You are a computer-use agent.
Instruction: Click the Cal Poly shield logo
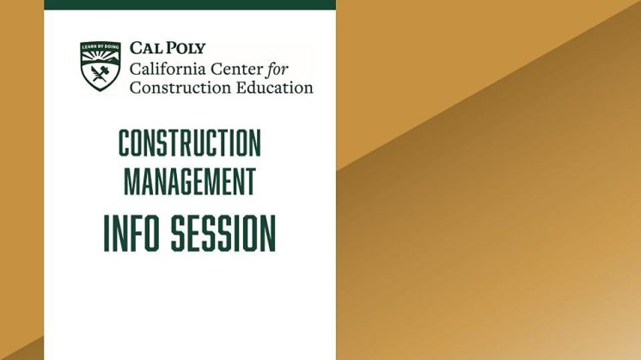(x=101, y=66)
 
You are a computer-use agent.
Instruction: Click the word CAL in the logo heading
(x=146, y=48)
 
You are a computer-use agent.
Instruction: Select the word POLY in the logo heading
(x=186, y=48)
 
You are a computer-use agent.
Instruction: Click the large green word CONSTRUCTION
(x=189, y=143)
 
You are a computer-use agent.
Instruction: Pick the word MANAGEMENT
(x=189, y=181)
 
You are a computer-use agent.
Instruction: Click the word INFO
(x=133, y=232)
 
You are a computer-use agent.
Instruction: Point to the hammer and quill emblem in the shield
(x=101, y=74)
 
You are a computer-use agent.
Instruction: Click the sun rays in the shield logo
(x=101, y=57)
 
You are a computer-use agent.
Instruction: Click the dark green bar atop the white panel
(x=189, y=4)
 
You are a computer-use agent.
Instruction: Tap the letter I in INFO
(x=107, y=232)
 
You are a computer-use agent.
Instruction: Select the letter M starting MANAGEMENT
(x=131, y=181)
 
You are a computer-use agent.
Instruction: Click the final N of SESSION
(x=267, y=232)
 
